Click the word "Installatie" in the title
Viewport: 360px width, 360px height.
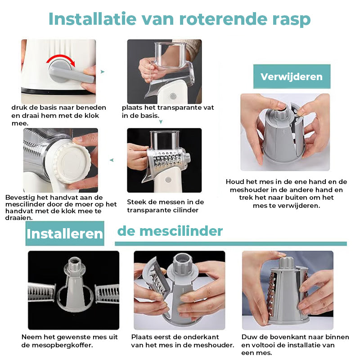pyautogui.click(x=93, y=19)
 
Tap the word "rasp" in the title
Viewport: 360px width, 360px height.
pyautogui.click(x=291, y=21)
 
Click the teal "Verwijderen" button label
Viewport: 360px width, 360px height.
pyautogui.click(x=292, y=76)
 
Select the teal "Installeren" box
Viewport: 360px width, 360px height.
pyautogui.click(x=65, y=234)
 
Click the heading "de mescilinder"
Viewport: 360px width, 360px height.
pyautogui.click(x=170, y=231)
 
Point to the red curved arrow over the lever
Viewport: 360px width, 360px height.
pyautogui.click(x=61, y=60)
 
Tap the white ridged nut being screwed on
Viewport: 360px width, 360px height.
pyautogui.click(x=72, y=162)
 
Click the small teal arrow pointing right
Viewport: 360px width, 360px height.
pyautogui.click(x=103, y=72)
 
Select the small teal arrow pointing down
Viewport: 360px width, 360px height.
pyautogui.click(x=161, y=121)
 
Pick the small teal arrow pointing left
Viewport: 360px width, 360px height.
pyautogui.click(x=112, y=160)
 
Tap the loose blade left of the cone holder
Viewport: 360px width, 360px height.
pyautogui.click(x=42, y=292)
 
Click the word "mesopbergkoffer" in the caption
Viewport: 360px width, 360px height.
pyautogui.click(x=62, y=345)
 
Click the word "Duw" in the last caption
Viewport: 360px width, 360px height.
pyautogui.click(x=248, y=337)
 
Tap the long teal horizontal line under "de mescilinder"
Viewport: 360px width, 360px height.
pyautogui.click(x=231, y=243)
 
